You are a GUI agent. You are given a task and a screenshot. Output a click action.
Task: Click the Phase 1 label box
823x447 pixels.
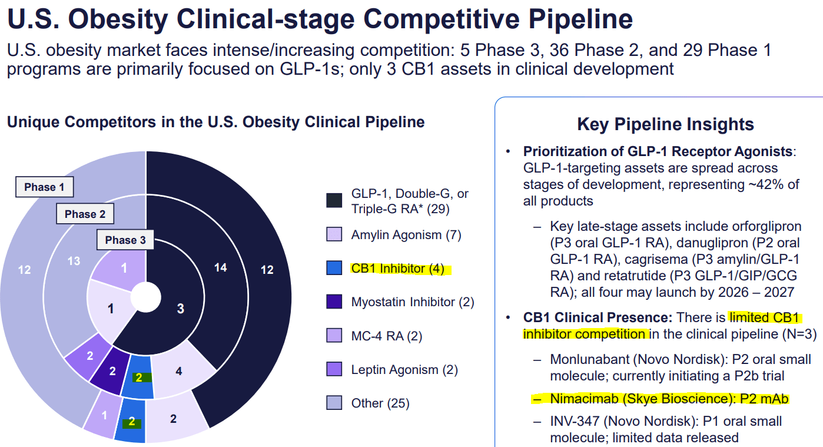44,187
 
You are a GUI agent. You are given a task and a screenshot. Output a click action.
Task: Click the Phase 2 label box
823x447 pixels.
85,214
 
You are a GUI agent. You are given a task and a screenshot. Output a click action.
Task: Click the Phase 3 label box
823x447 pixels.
125,240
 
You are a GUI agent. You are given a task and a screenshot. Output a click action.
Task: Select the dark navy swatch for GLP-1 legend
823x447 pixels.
334,200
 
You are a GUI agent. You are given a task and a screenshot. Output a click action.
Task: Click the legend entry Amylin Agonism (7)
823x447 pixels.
406,235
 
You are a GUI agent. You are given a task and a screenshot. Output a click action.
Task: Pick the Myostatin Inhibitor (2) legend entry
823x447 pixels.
412,302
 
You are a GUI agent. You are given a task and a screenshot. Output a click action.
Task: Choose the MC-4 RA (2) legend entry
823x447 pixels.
386,336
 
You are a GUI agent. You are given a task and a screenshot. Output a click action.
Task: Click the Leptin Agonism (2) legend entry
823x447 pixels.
404,370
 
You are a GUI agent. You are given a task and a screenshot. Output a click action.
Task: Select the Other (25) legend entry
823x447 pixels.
380,403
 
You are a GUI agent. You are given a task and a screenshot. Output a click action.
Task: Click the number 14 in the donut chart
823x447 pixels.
220,267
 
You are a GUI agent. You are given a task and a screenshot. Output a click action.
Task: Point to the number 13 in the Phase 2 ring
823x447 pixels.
74,260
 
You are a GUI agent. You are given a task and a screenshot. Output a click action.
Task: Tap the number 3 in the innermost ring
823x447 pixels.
181,309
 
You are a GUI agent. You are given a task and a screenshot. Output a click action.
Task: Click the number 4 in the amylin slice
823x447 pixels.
179,372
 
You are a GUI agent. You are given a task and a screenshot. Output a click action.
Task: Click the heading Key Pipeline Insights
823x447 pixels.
665,124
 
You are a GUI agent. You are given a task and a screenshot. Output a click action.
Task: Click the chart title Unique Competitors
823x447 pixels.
215,122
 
